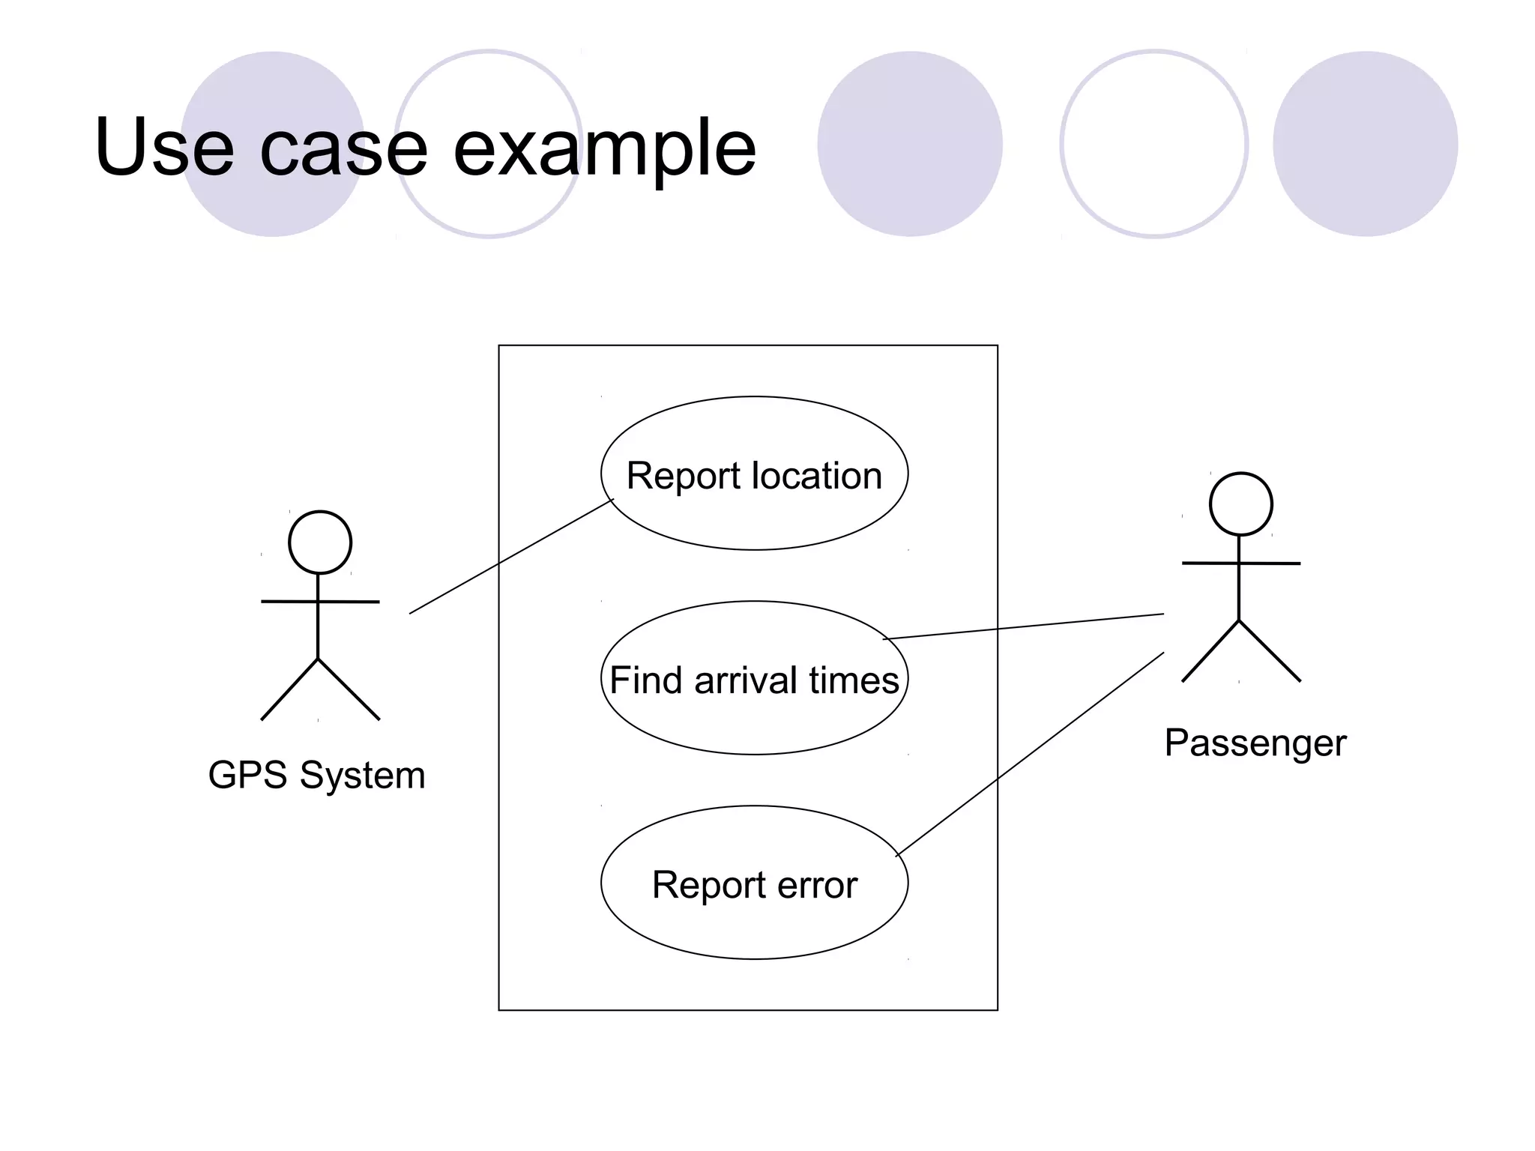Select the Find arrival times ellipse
754,719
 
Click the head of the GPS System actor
320,543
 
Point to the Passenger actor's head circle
1240,504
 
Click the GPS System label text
316,775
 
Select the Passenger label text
1255,743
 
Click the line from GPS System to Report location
510,557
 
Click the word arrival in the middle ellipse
745,680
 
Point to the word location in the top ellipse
816,476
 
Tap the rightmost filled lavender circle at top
1365,144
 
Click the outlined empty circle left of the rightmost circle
1153,144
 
